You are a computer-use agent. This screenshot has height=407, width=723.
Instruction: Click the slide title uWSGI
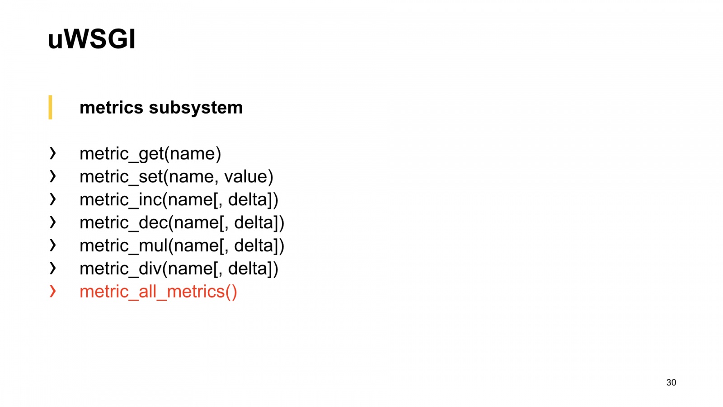click(91, 39)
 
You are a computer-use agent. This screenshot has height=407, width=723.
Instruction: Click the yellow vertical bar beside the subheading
click(50, 107)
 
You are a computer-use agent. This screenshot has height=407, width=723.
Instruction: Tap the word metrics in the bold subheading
click(111, 108)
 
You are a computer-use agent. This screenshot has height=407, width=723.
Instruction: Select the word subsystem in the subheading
click(196, 108)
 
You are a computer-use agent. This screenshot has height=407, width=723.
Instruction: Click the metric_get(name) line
click(150, 154)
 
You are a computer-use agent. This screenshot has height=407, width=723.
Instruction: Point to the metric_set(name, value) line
click(176, 177)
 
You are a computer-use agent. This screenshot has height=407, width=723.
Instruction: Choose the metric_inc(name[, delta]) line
click(178, 199)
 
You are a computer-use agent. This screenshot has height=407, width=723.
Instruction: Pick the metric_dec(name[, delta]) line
click(182, 222)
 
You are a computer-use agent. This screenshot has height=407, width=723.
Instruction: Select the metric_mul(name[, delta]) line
click(182, 246)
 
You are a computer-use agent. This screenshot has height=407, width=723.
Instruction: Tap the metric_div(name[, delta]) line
click(178, 269)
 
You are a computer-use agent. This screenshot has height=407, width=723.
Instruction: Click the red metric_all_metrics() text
click(158, 292)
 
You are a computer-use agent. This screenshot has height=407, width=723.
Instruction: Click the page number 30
click(671, 383)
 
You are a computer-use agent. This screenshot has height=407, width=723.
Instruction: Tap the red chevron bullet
click(53, 291)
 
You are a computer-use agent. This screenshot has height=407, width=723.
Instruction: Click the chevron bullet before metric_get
click(53, 153)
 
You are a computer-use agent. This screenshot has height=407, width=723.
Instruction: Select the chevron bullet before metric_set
click(53, 176)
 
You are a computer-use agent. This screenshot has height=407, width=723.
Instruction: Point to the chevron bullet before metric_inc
click(53, 199)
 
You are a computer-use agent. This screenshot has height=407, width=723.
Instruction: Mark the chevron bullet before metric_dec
click(53, 222)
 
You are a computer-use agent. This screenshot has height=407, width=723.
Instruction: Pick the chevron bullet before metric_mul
click(53, 245)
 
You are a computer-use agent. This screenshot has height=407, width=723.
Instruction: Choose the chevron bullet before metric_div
click(53, 268)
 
